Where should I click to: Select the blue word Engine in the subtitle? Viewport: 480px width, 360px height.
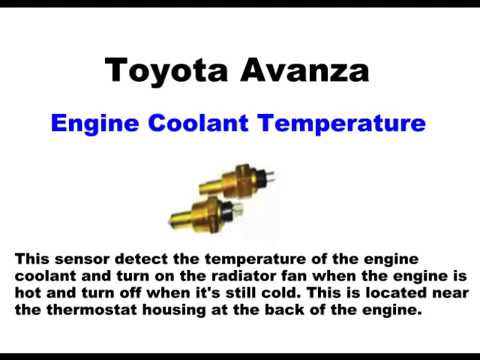coord(91,124)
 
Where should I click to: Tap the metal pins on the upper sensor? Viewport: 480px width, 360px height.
coord(267,178)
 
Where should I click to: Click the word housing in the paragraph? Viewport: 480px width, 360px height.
coord(165,311)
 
